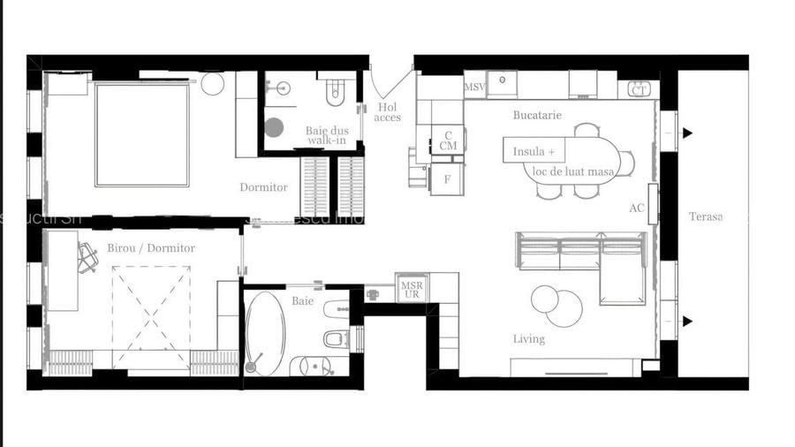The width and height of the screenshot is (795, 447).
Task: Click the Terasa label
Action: (706, 216)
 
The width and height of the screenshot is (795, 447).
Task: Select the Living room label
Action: (529, 339)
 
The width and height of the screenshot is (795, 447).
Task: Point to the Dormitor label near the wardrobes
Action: (263, 187)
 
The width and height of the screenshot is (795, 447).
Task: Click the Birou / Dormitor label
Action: (151, 248)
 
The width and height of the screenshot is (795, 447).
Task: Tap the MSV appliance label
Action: (474, 87)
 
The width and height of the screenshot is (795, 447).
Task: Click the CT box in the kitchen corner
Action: (640, 89)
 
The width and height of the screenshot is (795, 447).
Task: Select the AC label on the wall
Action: (637, 208)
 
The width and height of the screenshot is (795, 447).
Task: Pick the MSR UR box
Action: (412, 290)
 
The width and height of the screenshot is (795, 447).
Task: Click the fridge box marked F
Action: (447, 179)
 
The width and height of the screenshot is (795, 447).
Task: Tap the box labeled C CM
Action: (448, 140)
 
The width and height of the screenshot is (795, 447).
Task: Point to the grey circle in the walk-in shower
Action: (274, 127)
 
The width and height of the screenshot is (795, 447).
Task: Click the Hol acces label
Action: (387, 112)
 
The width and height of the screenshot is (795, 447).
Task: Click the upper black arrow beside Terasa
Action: (687, 133)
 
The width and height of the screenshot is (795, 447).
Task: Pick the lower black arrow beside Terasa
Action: (687, 321)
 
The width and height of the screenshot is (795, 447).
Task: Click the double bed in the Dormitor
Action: (142, 134)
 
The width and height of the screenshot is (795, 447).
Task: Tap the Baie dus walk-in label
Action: (327, 136)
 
